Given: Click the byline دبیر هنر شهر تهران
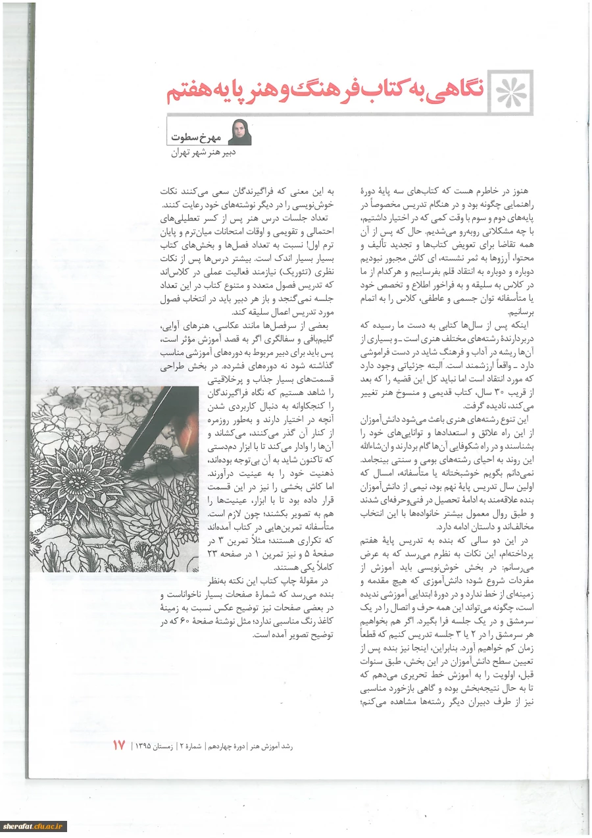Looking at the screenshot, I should pos(199,153).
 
